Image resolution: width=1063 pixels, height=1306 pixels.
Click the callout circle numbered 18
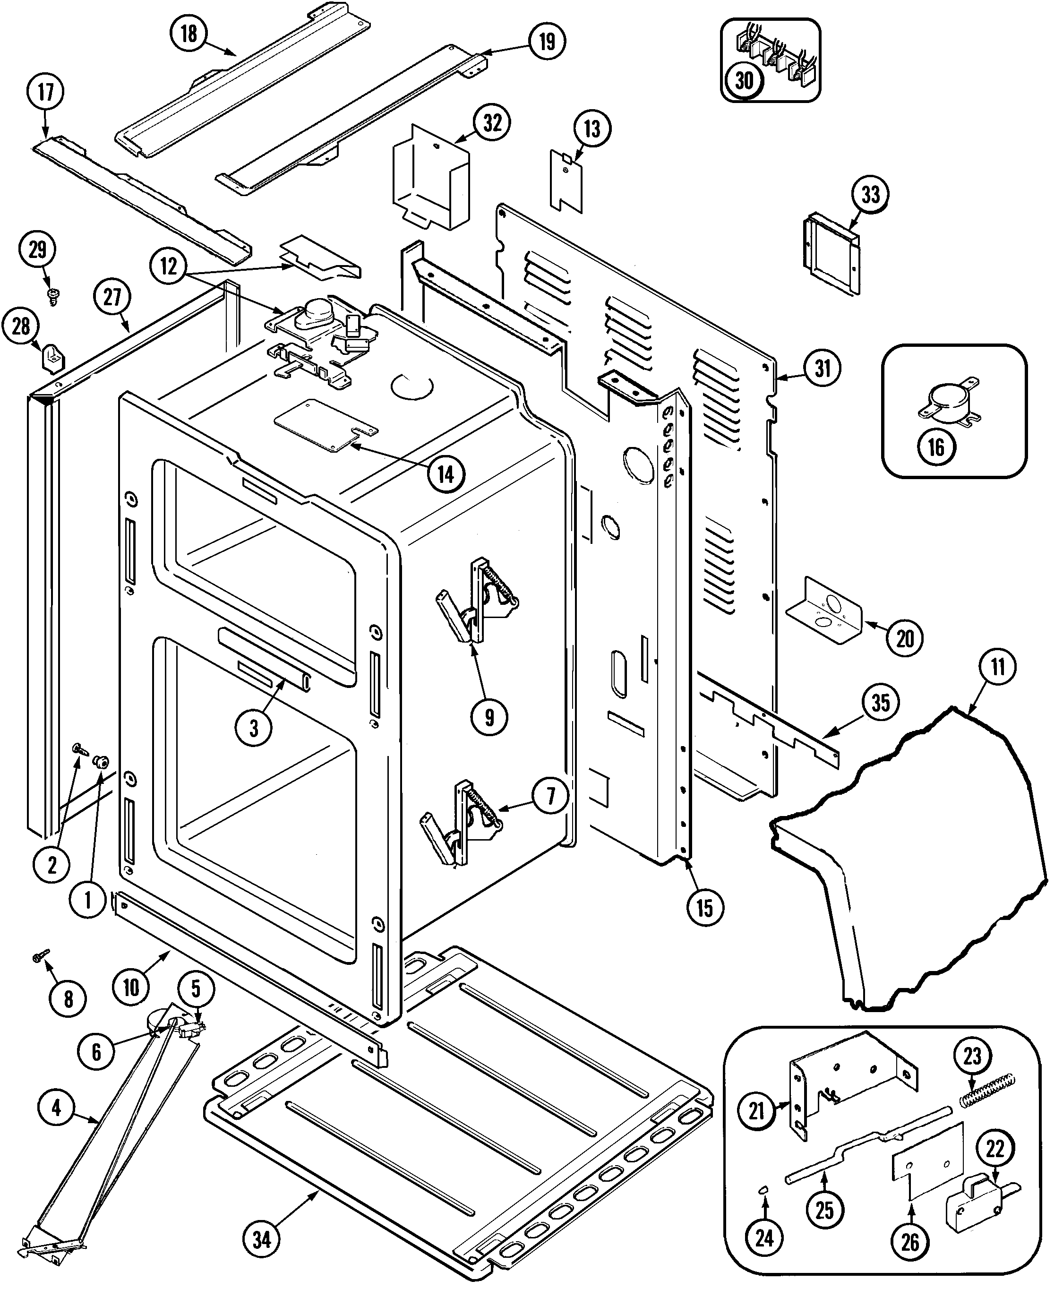tap(189, 34)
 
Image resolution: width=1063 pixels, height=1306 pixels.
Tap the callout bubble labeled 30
tap(744, 80)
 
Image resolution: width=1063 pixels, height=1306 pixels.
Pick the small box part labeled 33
tap(832, 253)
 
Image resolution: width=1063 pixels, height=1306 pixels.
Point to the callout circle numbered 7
tap(550, 796)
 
